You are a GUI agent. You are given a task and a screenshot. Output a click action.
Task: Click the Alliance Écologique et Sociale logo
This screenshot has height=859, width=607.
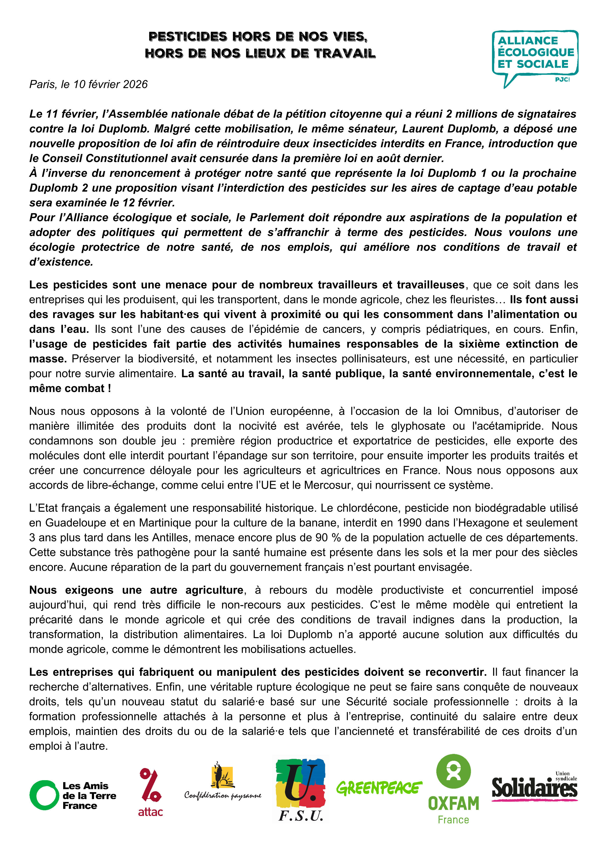tap(535, 58)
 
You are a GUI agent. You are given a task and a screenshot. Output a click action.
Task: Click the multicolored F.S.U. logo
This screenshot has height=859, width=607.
tap(300, 789)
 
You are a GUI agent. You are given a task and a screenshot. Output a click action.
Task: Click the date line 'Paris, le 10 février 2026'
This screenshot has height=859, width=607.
tap(89, 84)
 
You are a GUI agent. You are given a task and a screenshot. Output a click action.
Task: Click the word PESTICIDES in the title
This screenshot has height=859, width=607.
tap(188, 37)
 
